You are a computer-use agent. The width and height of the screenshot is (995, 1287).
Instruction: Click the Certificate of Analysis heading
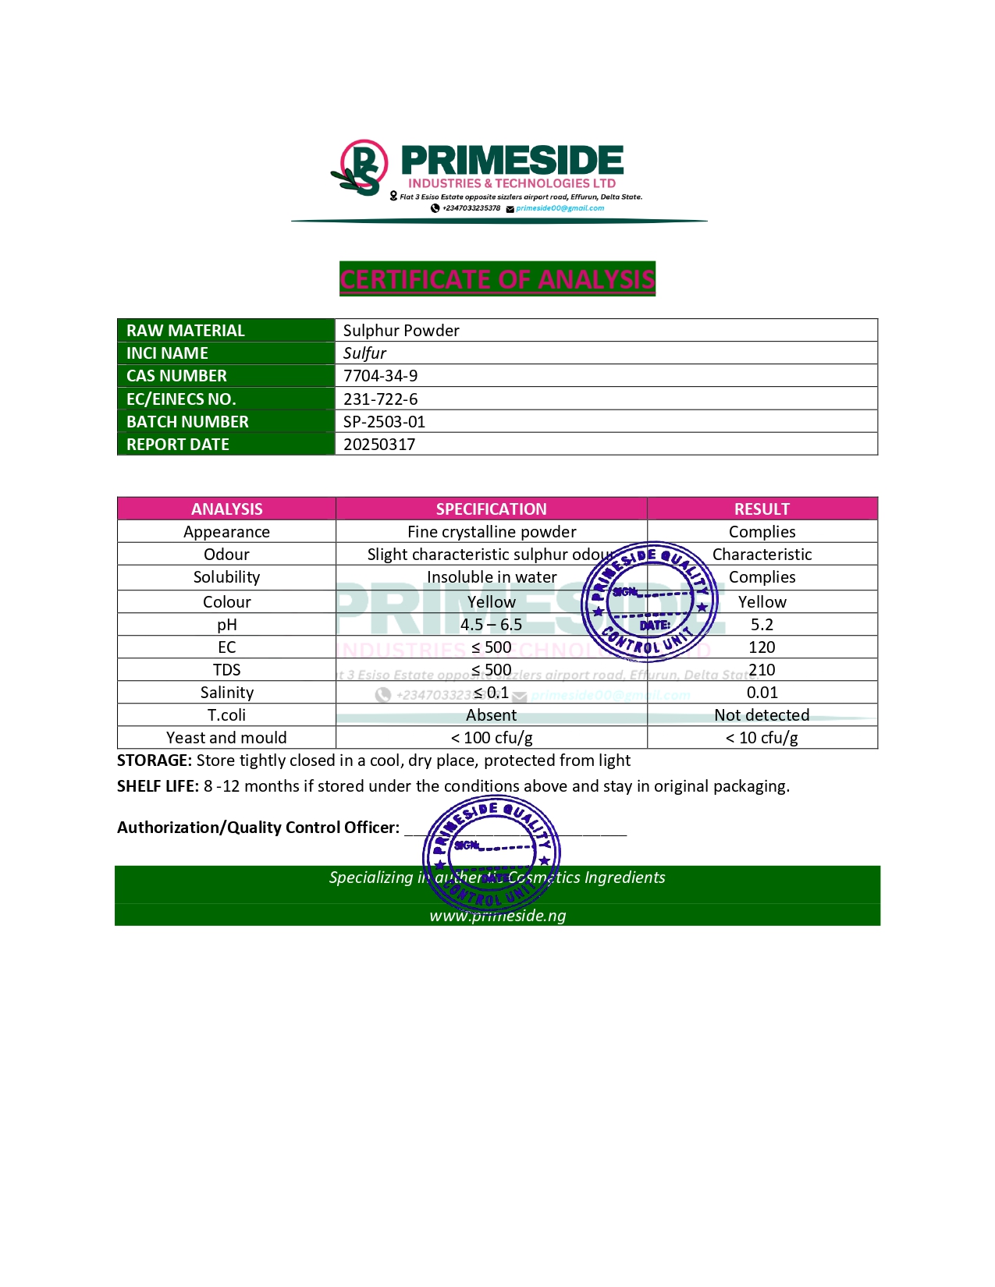tap(497, 279)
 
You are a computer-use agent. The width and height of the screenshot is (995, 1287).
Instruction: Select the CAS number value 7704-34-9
tap(380, 376)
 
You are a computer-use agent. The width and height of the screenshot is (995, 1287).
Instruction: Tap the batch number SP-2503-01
tap(384, 422)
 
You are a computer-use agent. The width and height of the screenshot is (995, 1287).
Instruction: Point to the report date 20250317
tap(379, 445)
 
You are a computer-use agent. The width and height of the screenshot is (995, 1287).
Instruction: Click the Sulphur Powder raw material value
tap(401, 331)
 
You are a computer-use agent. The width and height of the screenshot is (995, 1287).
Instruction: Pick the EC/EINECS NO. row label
tap(181, 399)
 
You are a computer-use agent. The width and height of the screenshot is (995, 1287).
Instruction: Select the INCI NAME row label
tap(167, 353)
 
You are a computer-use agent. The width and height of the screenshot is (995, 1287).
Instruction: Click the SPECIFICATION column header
tap(491, 509)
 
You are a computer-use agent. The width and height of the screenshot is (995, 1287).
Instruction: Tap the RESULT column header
tap(762, 509)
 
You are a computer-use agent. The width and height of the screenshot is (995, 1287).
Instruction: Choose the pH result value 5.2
tap(762, 625)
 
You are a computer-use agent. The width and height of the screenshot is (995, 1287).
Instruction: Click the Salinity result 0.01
tap(762, 693)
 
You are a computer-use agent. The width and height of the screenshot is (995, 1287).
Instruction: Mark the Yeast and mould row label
tap(226, 738)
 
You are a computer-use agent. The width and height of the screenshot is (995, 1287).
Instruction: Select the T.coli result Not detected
tap(762, 715)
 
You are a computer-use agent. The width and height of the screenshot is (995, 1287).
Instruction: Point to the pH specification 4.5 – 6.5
tap(491, 625)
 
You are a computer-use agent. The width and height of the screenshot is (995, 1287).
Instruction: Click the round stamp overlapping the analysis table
tap(649, 601)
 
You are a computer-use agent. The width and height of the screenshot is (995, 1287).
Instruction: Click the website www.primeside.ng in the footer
tap(497, 916)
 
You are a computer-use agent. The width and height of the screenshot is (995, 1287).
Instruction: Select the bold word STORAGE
tap(154, 760)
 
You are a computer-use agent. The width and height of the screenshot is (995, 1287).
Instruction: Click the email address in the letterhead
tap(560, 208)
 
